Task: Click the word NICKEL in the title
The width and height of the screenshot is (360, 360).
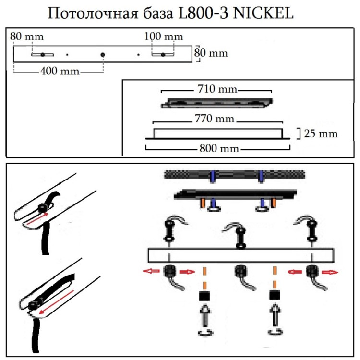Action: point(263,14)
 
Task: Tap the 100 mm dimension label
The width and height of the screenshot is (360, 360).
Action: point(164,36)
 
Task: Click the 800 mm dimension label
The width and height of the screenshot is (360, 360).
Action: point(219,149)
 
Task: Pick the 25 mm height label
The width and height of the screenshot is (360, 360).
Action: point(321,133)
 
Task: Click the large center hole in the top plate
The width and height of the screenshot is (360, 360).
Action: point(103,54)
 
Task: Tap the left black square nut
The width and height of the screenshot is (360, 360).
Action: point(205,294)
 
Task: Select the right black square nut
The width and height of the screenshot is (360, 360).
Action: point(275,294)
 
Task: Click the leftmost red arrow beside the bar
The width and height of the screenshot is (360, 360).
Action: point(150,271)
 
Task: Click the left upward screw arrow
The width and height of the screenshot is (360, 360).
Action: point(205,317)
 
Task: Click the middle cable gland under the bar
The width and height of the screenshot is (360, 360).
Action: point(240,272)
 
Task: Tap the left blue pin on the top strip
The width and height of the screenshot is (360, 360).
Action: point(212,176)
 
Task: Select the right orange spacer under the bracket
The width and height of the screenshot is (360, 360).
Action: point(274,203)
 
